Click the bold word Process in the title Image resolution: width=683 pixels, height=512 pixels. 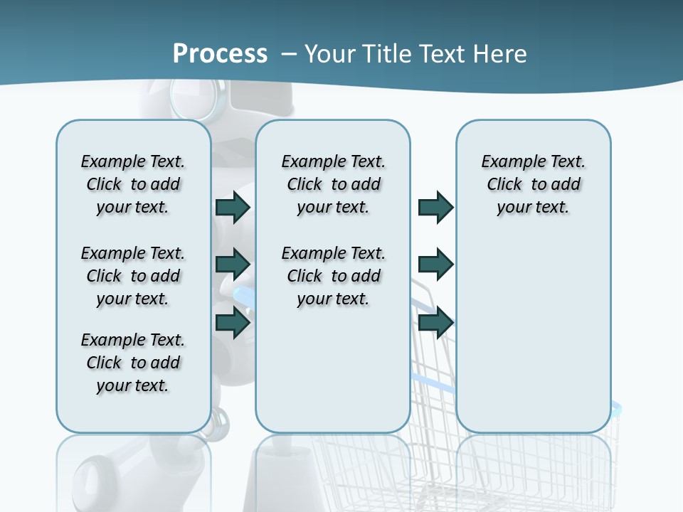[x=220, y=53]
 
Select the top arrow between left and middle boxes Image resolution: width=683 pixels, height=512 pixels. [x=233, y=208]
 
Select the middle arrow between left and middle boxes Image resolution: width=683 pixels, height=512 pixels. [x=233, y=265]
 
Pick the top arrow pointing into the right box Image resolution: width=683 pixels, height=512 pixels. [x=435, y=208]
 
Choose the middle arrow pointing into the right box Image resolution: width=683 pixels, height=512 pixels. [x=435, y=265]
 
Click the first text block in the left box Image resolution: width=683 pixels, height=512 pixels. [x=133, y=184]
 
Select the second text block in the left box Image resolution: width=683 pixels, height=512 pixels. [x=133, y=276]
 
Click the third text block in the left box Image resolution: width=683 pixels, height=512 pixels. [x=133, y=363]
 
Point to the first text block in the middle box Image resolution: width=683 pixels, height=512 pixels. [x=333, y=184]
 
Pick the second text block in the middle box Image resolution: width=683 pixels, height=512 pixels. [x=333, y=276]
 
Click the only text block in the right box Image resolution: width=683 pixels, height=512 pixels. [x=533, y=184]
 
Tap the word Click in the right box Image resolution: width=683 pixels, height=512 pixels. [x=504, y=184]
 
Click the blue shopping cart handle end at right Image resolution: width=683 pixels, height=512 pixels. [x=616, y=407]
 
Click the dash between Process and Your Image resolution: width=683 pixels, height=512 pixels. [x=289, y=54]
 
